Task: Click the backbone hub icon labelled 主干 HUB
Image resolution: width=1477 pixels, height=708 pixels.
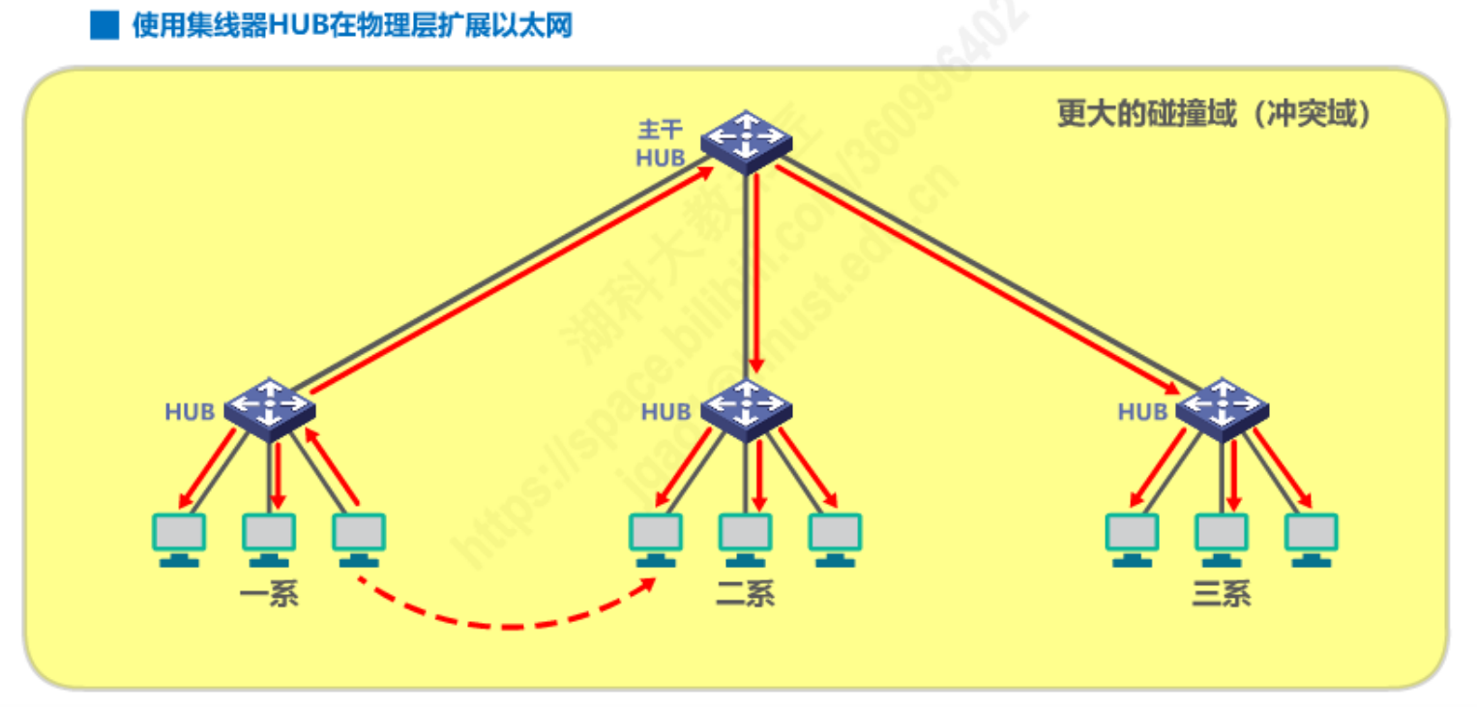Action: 746,141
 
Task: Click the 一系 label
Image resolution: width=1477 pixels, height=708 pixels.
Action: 270,593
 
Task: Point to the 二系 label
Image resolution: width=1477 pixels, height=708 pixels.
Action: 746,593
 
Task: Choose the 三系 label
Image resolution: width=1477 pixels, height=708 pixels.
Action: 1222,593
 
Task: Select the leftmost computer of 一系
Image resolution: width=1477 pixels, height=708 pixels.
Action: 180,538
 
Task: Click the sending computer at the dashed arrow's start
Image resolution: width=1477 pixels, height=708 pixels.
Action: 359,538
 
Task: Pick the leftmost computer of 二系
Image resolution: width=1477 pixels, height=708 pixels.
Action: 656,538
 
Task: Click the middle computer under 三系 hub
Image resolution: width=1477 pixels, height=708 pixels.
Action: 1222,538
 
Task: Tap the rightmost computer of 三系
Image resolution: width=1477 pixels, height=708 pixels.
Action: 1312,538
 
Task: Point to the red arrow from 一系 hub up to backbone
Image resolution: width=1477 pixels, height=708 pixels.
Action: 513,280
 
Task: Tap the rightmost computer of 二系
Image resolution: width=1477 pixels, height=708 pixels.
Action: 835,538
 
